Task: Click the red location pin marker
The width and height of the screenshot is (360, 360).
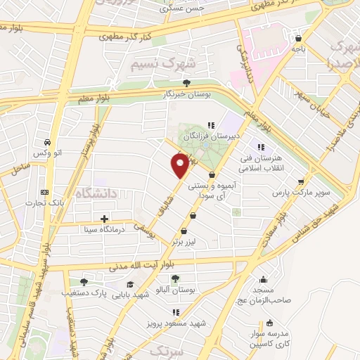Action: coord(180,165)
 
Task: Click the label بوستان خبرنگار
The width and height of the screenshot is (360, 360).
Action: coord(187,94)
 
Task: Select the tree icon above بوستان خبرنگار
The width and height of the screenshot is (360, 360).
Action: coord(186,83)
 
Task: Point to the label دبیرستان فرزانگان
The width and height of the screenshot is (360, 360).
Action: coord(212,136)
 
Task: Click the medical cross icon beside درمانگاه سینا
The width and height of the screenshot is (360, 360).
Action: coord(104,219)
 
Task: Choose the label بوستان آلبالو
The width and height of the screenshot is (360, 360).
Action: coord(176,290)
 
